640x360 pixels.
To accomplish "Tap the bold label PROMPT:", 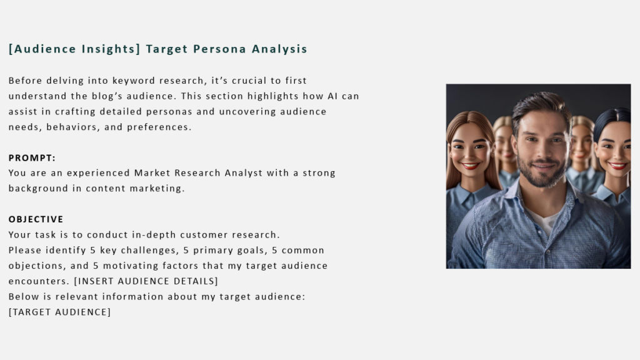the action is click(32, 158).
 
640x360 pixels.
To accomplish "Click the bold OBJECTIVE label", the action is click(36, 219).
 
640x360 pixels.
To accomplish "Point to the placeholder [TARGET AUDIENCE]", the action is click(59, 312).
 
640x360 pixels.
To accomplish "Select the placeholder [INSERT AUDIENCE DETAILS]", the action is click(146, 281).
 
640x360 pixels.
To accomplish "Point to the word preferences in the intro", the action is click(159, 127).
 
